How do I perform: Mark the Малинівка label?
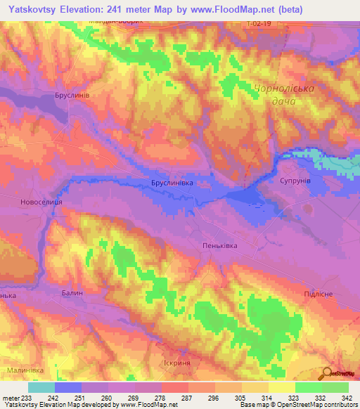pos(25,370)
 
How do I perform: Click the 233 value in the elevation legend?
pos(27,398)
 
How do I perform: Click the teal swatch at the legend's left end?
pos(41,387)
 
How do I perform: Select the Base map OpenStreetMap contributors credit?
pos(298,405)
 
